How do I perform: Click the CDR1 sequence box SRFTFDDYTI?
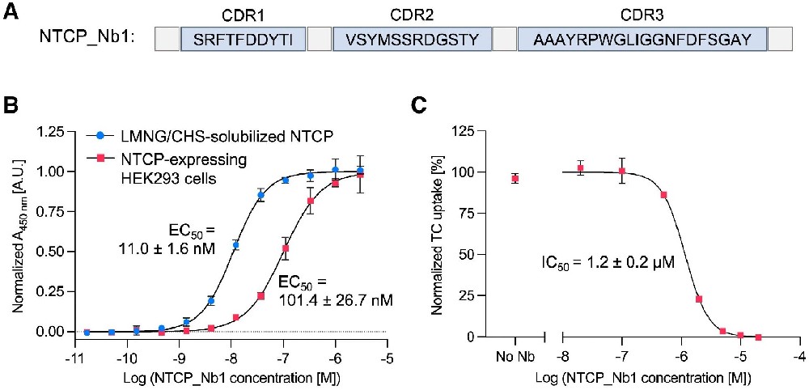(x=244, y=38)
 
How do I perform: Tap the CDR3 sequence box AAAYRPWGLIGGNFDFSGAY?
(x=642, y=38)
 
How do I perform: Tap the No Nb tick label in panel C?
(x=515, y=356)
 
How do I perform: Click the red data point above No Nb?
(x=515, y=179)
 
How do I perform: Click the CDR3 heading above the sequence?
(x=642, y=15)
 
